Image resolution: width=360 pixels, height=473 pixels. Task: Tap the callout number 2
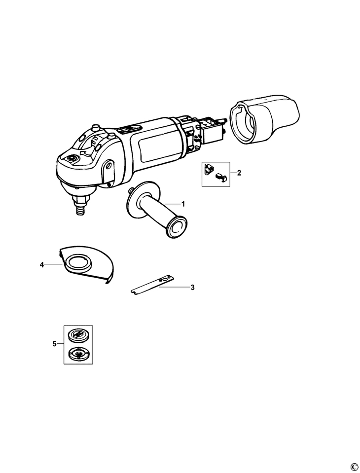click(239, 173)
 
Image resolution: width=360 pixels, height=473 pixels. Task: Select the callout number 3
click(192, 287)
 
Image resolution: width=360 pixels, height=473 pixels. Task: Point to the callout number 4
click(42, 265)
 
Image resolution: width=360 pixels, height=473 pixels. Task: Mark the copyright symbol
click(354, 467)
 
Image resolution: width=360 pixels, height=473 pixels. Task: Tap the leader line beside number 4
click(53, 265)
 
